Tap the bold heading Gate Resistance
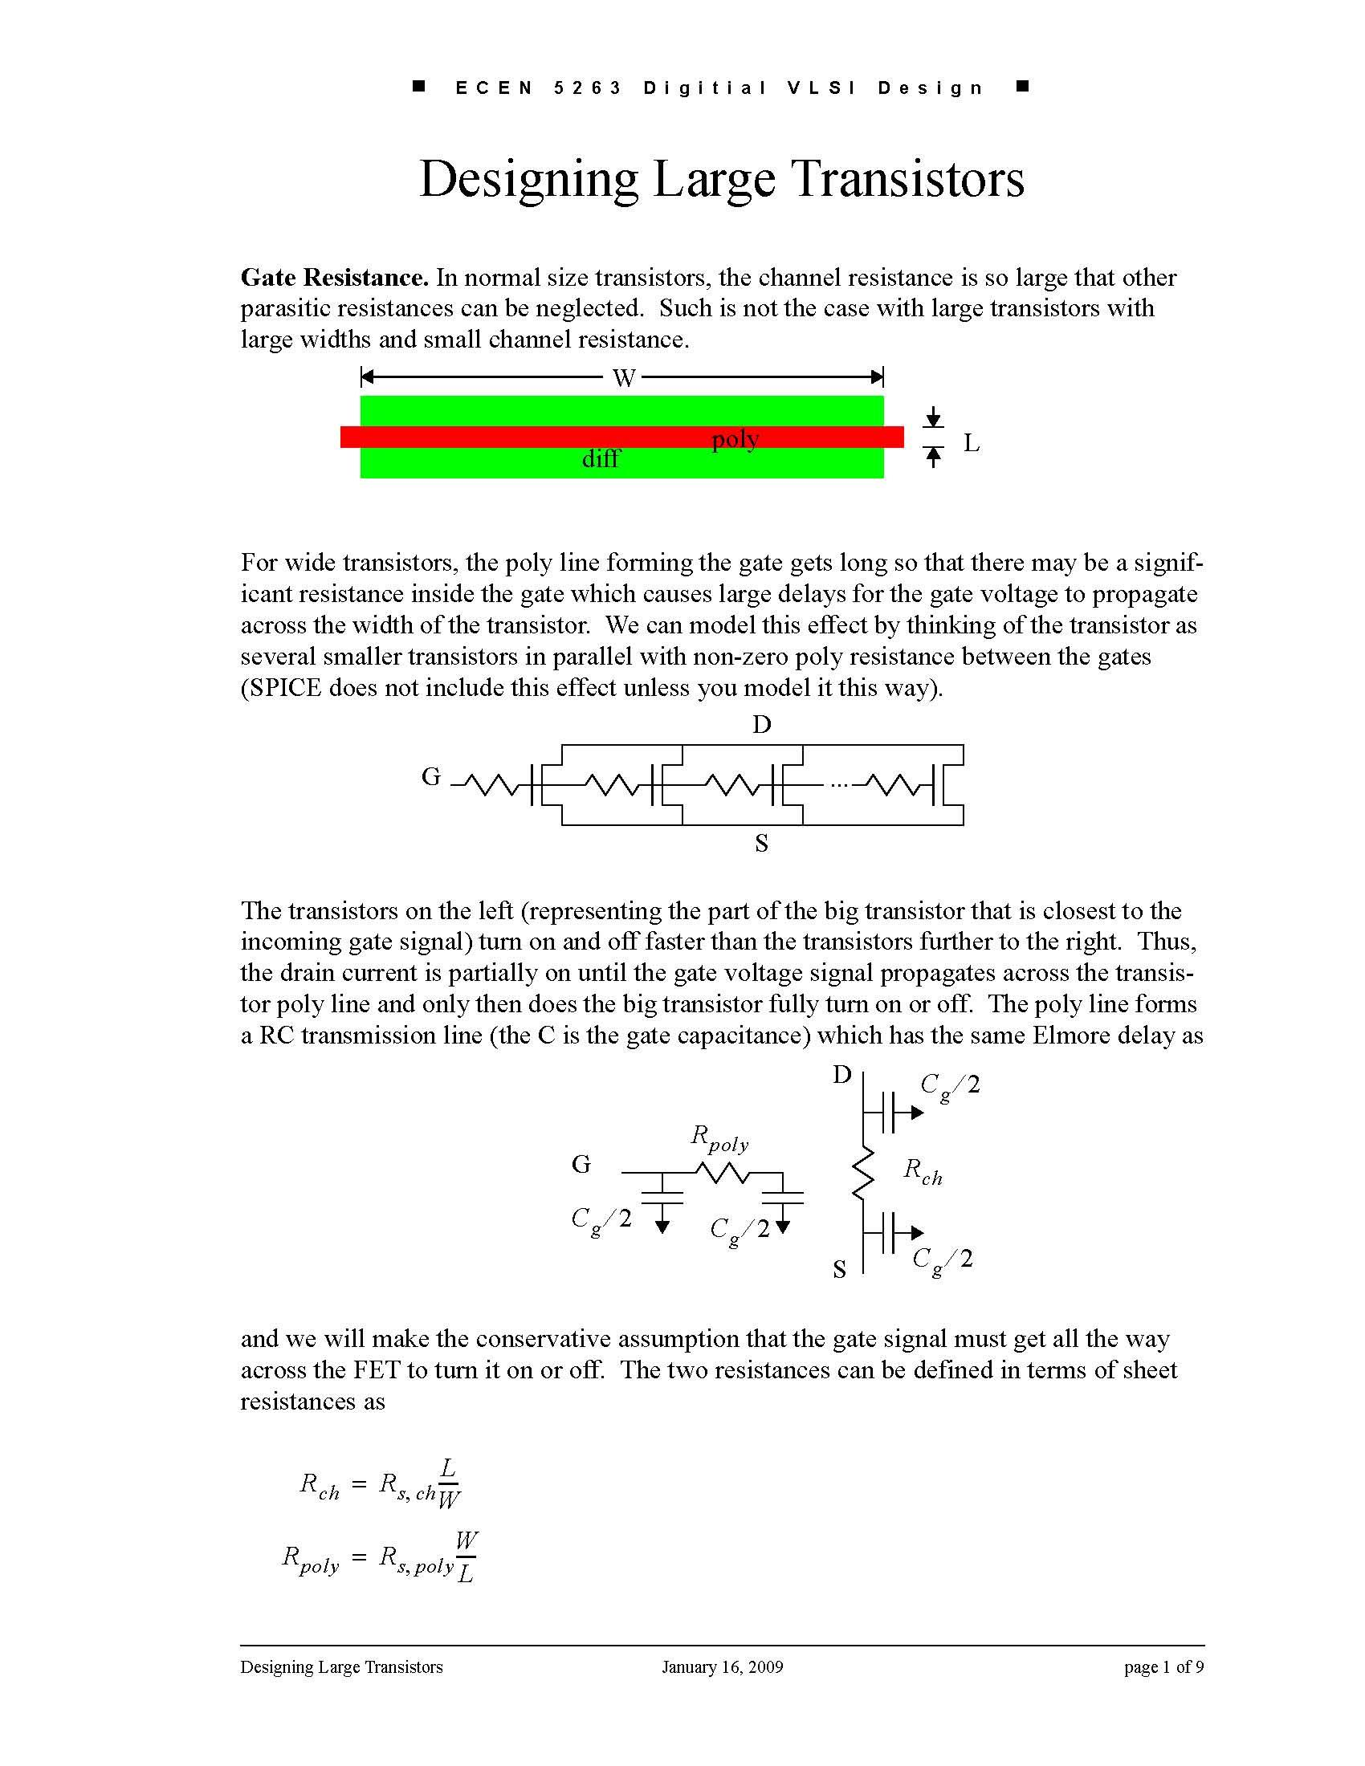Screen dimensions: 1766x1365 coord(334,279)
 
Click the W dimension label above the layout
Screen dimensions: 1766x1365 coord(622,377)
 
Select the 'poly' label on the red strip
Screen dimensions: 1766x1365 coord(735,439)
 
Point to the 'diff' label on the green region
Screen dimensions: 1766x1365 coord(601,459)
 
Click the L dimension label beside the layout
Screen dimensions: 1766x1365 coord(972,443)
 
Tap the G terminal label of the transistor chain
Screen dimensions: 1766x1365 coord(431,777)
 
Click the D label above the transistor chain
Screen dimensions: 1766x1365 coord(762,726)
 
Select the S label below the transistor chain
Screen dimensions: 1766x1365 coord(761,844)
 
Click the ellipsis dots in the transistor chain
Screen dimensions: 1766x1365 coord(840,784)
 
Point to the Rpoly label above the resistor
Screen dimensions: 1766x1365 coord(719,1138)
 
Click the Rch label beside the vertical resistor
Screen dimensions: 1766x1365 coord(923,1171)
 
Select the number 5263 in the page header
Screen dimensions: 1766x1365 coord(588,88)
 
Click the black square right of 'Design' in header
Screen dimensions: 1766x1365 coord(1022,87)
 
